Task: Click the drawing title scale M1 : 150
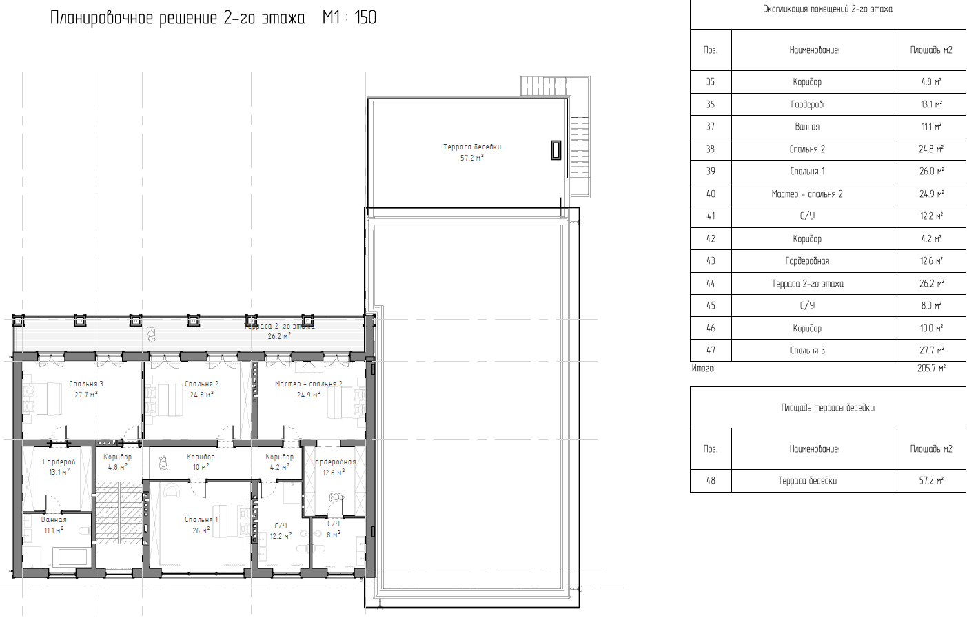pyautogui.click(x=349, y=18)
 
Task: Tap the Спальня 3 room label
pyautogui.click(x=86, y=389)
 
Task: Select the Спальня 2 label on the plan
pyautogui.click(x=202, y=389)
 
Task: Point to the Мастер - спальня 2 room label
pyautogui.click(x=309, y=389)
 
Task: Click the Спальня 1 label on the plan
pyautogui.click(x=202, y=525)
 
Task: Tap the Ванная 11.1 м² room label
pyautogui.click(x=54, y=525)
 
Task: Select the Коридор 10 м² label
pyautogui.click(x=201, y=462)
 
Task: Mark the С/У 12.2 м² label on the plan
pyautogui.click(x=281, y=530)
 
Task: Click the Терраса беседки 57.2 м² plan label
pyautogui.click(x=472, y=152)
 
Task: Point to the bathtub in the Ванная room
pyautogui.click(x=73, y=557)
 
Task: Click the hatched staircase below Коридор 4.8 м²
pyautogui.click(x=119, y=513)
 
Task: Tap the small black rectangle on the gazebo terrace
pyautogui.click(x=556, y=150)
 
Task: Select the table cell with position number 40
pyautogui.click(x=711, y=194)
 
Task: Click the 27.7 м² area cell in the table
pyautogui.click(x=931, y=351)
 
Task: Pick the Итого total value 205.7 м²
pyautogui.click(x=931, y=369)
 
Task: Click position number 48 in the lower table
pyautogui.click(x=711, y=480)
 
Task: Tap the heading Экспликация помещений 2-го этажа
pyautogui.click(x=828, y=9)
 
